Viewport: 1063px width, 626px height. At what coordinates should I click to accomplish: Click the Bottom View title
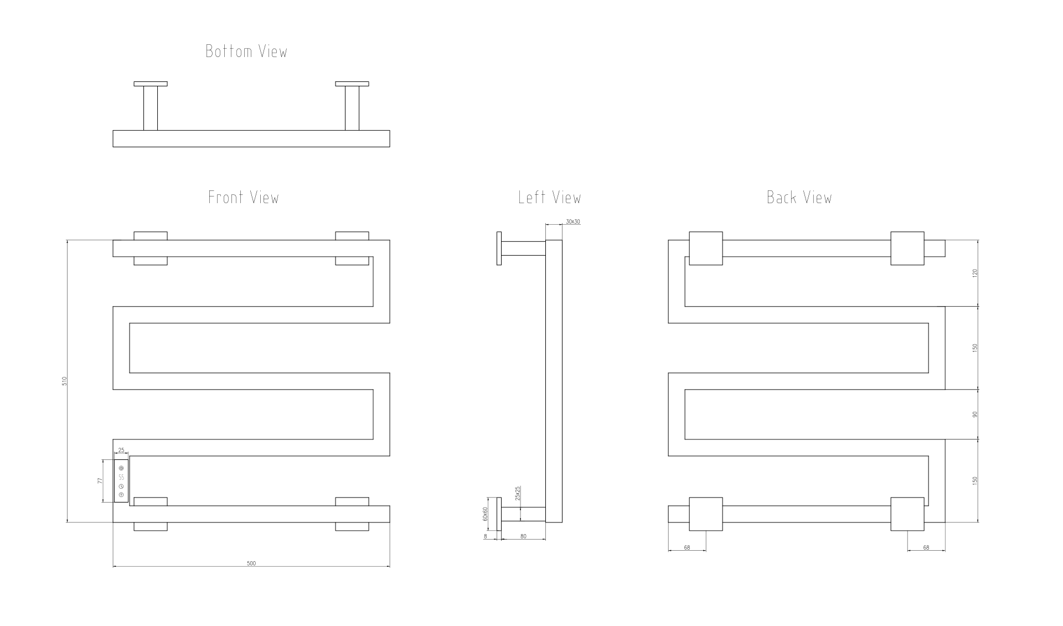point(246,51)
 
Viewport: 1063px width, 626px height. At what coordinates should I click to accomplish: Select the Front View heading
point(244,198)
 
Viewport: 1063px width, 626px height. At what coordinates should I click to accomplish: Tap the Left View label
point(550,198)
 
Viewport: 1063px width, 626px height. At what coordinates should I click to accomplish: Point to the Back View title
point(799,198)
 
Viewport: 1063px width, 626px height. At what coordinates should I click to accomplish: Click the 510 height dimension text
point(65,381)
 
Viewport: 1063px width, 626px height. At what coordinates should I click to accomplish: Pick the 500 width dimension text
point(251,563)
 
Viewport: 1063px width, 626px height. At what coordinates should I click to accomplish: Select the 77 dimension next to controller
point(100,481)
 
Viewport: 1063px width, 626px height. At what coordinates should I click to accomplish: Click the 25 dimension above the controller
point(121,451)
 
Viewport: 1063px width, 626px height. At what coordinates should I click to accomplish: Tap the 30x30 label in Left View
point(573,222)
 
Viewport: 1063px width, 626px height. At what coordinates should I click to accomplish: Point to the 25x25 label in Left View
point(518,493)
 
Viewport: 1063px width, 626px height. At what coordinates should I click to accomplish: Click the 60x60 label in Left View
point(486,514)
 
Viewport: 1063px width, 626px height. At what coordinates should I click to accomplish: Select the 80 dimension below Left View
point(524,536)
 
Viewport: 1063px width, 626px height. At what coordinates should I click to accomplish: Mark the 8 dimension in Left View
point(486,536)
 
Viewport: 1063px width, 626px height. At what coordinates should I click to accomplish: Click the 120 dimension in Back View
point(975,273)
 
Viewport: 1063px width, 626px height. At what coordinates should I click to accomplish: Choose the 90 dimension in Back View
point(975,414)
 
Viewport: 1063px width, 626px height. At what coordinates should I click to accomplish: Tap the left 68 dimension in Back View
point(687,547)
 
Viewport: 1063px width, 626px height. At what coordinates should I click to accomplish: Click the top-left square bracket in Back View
point(706,249)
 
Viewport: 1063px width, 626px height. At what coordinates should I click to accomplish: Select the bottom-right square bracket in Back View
point(907,514)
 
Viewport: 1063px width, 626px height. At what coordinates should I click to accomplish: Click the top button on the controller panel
point(121,469)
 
